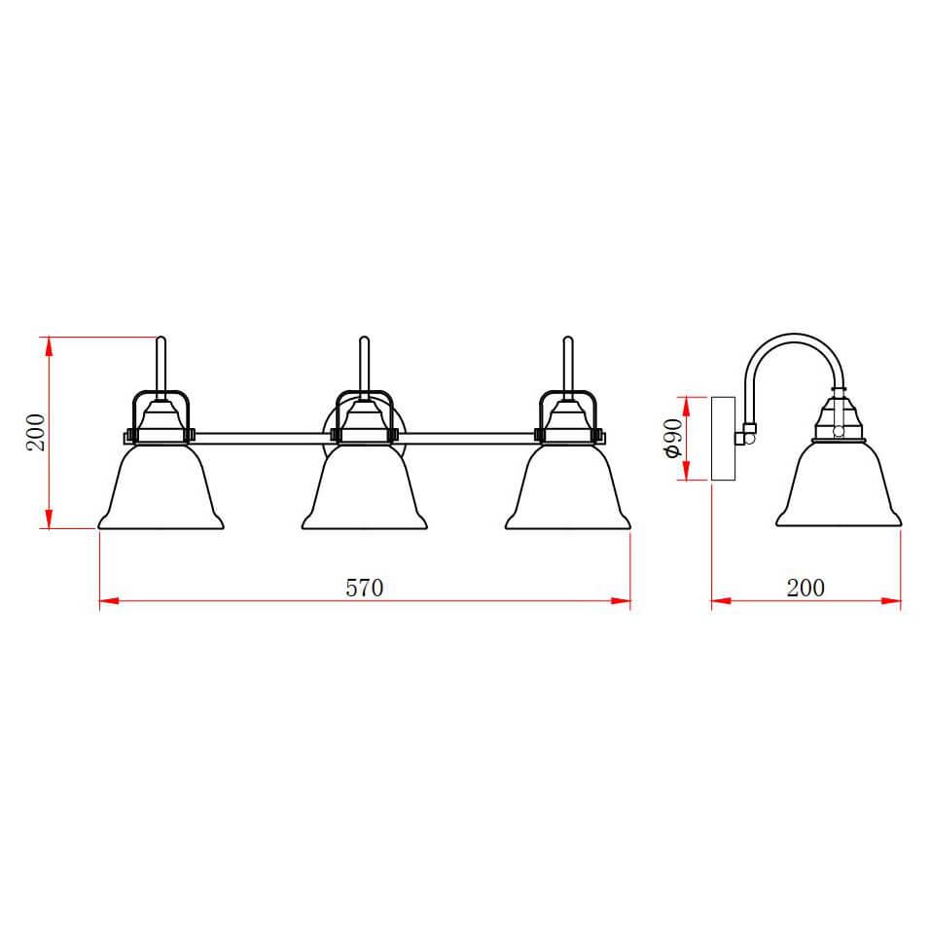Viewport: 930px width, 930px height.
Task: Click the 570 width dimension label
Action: (365, 588)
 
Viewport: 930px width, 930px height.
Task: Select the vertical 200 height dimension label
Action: (36, 432)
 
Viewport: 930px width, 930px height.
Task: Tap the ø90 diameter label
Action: (671, 439)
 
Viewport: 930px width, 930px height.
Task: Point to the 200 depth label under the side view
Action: (805, 588)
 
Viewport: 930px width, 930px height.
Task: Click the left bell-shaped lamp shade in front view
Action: (161, 491)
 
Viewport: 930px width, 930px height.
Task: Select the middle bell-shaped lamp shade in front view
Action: (365, 491)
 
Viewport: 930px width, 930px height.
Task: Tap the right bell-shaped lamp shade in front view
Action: (568, 491)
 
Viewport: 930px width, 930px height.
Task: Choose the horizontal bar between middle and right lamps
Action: (467, 434)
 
